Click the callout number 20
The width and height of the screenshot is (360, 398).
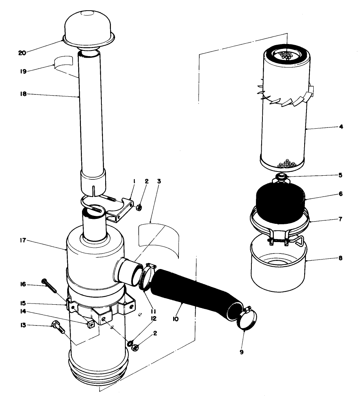pyautogui.click(x=22, y=53)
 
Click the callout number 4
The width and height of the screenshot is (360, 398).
pyautogui.click(x=341, y=127)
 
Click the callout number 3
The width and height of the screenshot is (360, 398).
pyautogui.click(x=159, y=181)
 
